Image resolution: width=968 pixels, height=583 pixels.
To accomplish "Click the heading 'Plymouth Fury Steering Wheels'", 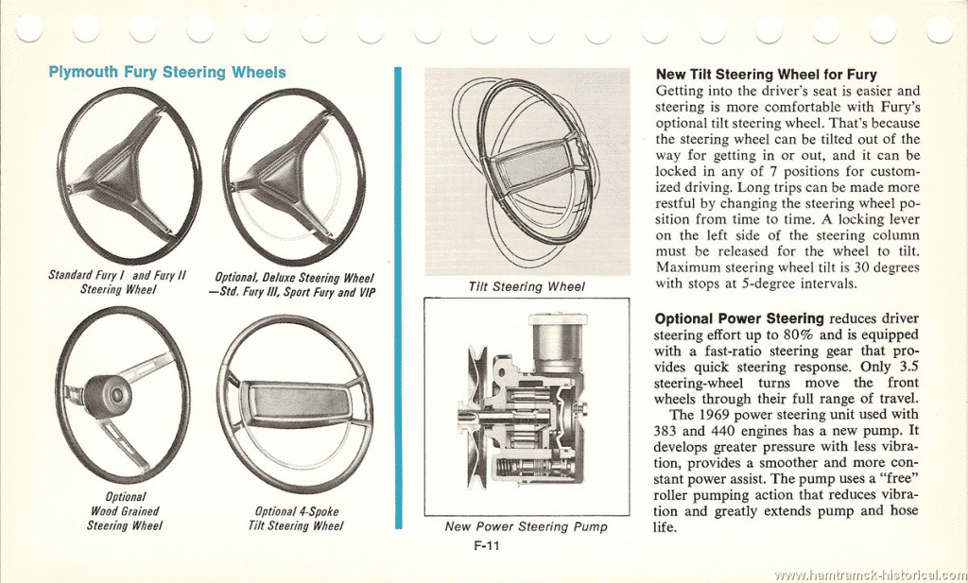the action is pos(166,72).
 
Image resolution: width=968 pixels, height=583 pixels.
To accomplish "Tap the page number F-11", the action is pos(487,545).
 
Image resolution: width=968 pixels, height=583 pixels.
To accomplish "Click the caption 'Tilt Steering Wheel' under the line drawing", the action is pos(527,287).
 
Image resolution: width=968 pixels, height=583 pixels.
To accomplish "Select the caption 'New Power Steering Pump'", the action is pos(526,527).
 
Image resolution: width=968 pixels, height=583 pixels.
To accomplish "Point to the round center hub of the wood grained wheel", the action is pos(104,396).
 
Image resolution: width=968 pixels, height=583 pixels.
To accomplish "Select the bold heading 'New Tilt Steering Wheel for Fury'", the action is pos(766,74).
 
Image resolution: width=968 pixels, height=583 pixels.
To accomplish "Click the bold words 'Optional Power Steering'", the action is pos(739,319).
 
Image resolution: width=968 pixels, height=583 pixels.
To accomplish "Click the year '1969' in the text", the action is pos(715,415).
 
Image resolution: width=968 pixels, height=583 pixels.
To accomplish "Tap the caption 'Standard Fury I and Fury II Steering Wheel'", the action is pos(117,282).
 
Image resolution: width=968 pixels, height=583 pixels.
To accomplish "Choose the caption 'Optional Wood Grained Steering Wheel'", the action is pos(125,511).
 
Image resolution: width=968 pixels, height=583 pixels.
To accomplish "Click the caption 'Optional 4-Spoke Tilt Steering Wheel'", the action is pos(296,518).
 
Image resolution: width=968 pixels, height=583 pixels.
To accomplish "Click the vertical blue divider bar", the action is pos(398,298).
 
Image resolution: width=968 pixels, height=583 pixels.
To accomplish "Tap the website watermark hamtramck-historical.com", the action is pos(871,575).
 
